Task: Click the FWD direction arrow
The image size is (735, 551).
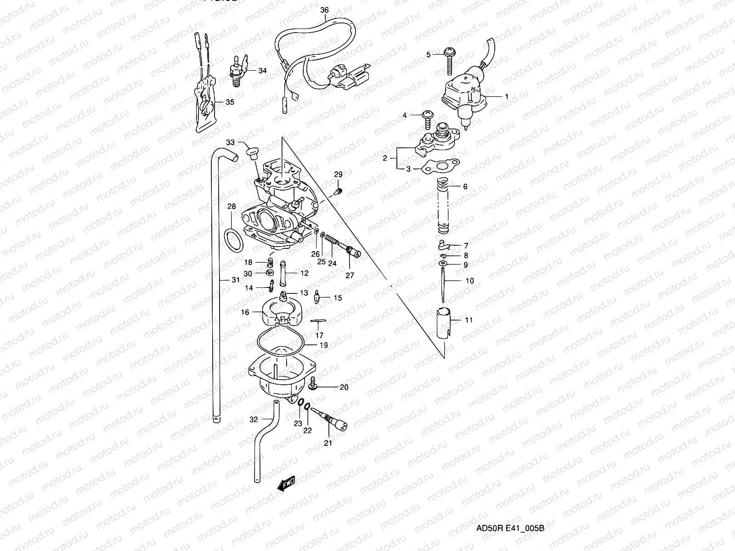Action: click(x=286, y=484)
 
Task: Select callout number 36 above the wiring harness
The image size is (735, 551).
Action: click(x=324, y=10)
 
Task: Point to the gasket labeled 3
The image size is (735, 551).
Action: click(x=440, y=166)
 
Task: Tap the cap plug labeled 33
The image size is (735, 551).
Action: click(x=251, y=152)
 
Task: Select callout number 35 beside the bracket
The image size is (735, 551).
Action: click(x=229, y=102)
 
